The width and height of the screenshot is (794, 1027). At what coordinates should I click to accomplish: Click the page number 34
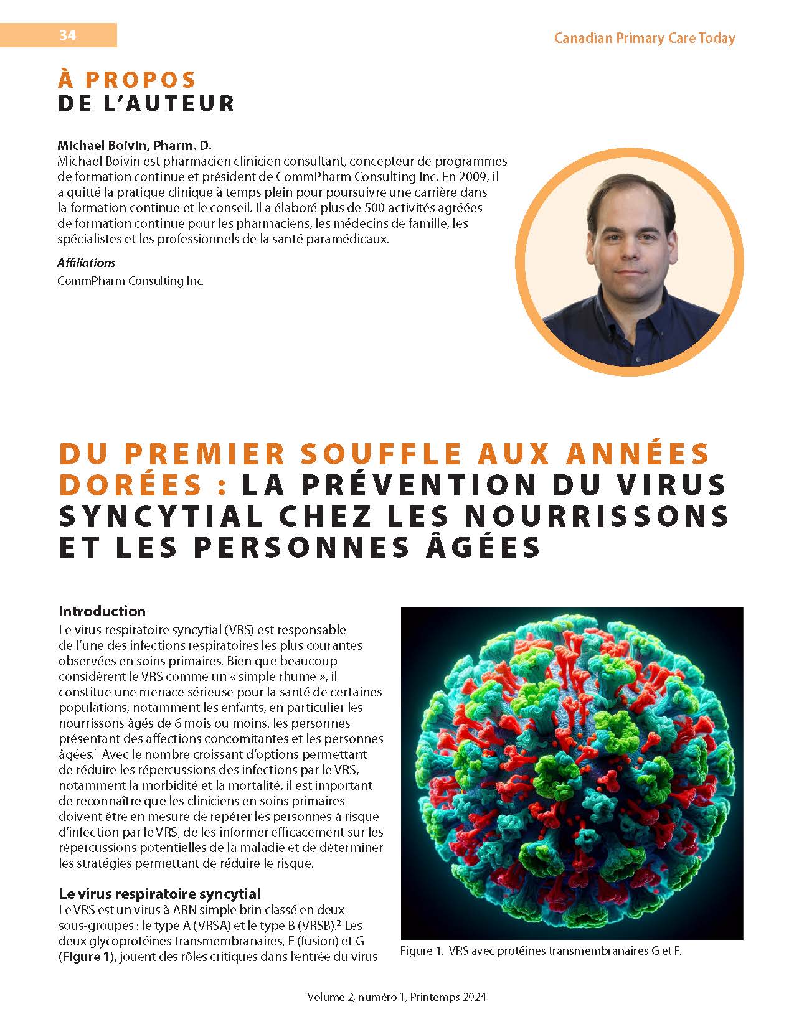tap(67, 35)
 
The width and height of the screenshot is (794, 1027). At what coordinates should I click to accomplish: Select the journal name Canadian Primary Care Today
tap(645, 38)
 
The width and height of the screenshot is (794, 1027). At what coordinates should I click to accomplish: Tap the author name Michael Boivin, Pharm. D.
tap(135, 146)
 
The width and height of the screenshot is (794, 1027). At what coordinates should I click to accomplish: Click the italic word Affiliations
tap(86, 263)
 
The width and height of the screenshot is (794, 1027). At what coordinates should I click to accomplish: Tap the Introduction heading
tap(102, 611)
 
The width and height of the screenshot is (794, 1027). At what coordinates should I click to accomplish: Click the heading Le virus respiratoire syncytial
tap(159, 894)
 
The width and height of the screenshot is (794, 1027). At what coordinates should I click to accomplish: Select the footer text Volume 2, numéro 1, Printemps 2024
tap(396, 997)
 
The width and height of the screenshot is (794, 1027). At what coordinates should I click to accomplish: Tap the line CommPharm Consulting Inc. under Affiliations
tap(130, 281)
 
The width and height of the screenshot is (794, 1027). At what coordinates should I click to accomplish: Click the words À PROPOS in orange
tap(127, 80)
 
